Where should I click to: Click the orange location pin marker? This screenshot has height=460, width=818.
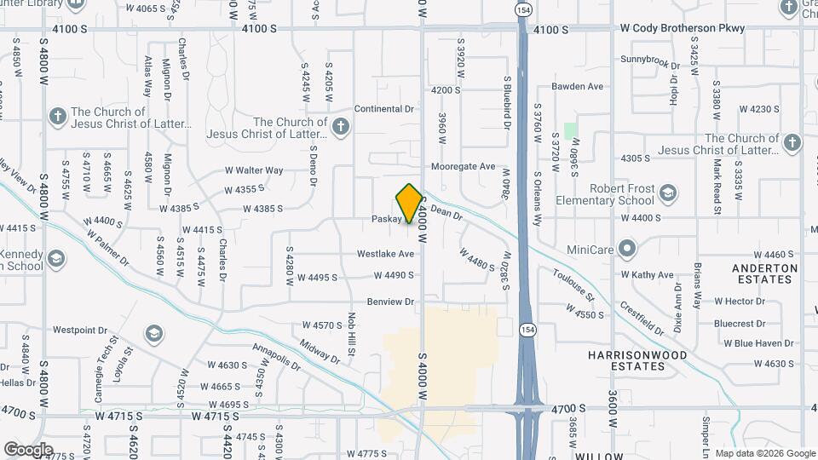pos(409,204)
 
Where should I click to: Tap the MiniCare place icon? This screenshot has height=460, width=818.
pos(627,250)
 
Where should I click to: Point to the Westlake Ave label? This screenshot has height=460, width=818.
pos(385,254)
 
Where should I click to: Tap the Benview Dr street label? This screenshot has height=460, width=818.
pos(390,302)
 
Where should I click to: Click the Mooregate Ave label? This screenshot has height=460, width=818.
pos(463,167)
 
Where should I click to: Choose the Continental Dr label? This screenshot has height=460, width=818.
pos(383,109)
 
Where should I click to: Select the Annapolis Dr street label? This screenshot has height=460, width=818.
pos(277,358)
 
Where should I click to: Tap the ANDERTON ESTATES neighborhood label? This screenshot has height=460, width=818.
pos(764,273)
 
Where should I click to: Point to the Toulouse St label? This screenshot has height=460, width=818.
pos(573,285)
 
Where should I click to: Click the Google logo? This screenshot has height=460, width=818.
pos(28,449)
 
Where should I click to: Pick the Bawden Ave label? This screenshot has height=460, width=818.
pos(577,87)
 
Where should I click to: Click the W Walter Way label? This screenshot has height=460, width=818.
pos(254,170)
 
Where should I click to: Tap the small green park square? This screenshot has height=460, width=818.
pos(570,131)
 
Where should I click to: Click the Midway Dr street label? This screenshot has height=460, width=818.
pos(320,352)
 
